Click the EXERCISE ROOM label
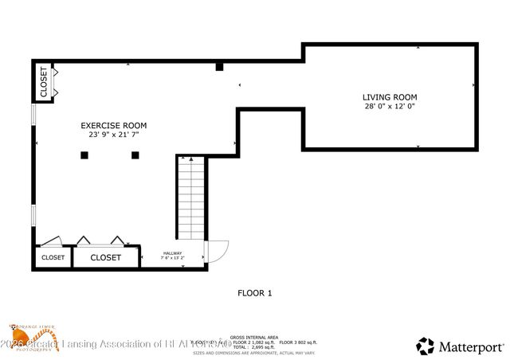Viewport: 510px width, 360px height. click(113, 125)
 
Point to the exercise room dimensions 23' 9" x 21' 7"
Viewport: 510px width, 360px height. click(113, 135)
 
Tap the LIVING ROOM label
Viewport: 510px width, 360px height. click(390, 96)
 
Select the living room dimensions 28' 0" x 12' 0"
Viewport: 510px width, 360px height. click(390, 106)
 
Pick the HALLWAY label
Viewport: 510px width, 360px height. click(172, 253)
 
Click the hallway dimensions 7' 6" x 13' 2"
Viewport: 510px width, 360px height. click(172, 258)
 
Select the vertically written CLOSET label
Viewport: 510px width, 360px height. click(43, 81)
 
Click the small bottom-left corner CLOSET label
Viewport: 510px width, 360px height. click(53, 257)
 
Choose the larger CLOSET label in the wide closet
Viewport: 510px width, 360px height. click(105, 257)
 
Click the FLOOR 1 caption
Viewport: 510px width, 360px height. click(255, 293)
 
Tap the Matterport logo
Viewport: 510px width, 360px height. click(461, 346)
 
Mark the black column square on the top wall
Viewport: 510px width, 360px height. click(219, 67)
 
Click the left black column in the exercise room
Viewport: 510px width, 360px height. click(84, 155)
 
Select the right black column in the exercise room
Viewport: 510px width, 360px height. click(135, 155)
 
